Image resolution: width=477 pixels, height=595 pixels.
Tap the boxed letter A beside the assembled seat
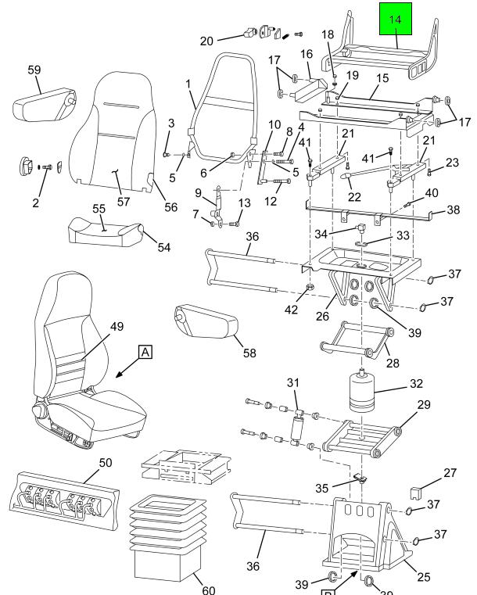tap(145, 353)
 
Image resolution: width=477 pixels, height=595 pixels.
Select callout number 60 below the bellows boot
tap(208, 588)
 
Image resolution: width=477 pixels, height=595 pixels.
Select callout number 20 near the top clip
tap(206, 40)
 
